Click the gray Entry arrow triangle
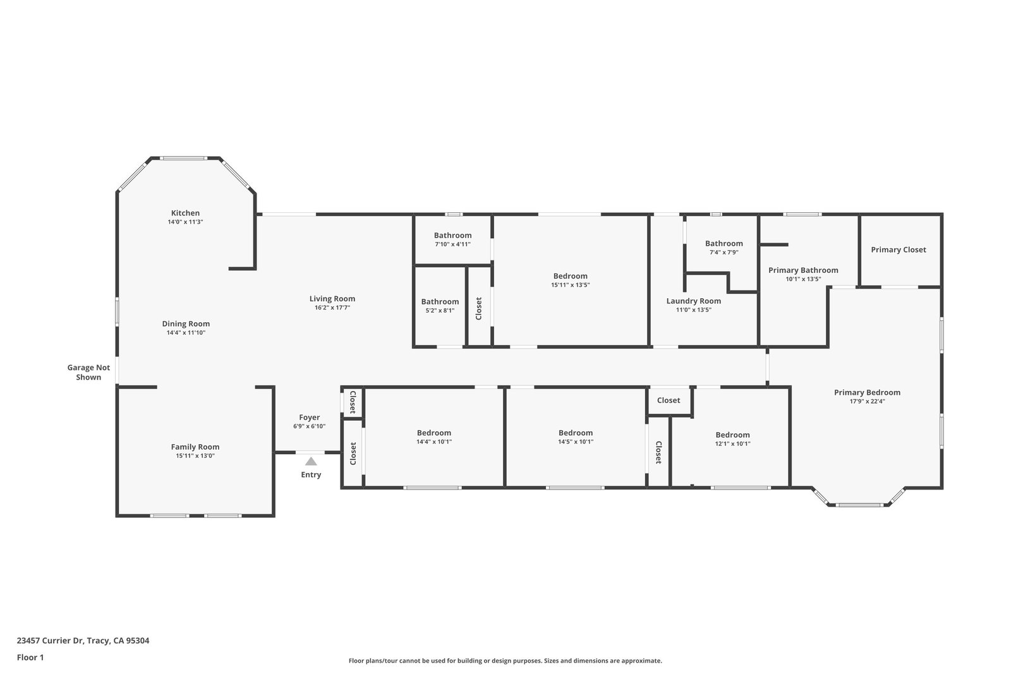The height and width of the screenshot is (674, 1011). coord(311,462)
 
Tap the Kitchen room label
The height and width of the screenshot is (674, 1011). coord(185,213)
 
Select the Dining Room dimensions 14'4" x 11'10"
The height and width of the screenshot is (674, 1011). coord(186,333)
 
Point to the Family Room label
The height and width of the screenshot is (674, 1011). coord(195,447)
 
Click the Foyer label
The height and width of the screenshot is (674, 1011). coord(309,418)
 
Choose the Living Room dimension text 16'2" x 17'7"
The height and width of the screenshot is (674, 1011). coord(332,308)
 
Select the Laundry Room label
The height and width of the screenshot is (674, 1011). coord(694,301)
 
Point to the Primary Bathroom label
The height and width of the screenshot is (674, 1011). coord(803,270)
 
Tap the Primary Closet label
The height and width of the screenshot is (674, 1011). coord(899,250)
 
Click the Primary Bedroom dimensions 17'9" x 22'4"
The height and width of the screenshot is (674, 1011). coord(867,402)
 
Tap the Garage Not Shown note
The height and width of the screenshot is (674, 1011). coord(88,372)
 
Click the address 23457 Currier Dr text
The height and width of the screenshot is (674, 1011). coord(50,641)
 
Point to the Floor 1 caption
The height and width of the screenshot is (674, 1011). coord(30,658)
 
